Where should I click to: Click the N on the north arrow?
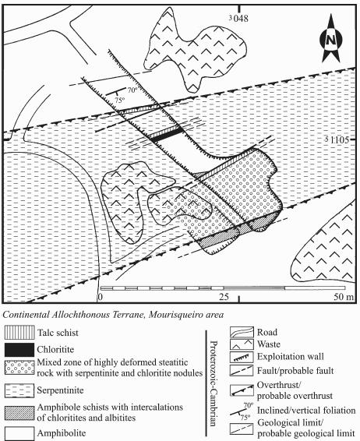click(x=330, y=40)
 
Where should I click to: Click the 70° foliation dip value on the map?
click(x=132, y=90)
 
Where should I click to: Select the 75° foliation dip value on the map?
click(x=119, y=101)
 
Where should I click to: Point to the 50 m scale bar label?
click(x=343, y=297)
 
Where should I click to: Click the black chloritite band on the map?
click(x=165, y=135)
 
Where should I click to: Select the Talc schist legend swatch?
click(x=19, y=333)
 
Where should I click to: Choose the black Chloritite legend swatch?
click(x=19, y=350)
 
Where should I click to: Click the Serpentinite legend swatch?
click(x=19, y=390)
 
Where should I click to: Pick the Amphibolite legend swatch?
click(x=19, y=433)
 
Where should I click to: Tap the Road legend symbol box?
click(x=242, y=332)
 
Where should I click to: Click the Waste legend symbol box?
click(x=242, y=344)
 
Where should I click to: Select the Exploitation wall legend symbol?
click(x=242, y=357)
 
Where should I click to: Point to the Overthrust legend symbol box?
click(x=242, y=390)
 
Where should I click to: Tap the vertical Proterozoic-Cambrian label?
click(x=214, y=383)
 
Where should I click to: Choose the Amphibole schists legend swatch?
click(x=19, y=413)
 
